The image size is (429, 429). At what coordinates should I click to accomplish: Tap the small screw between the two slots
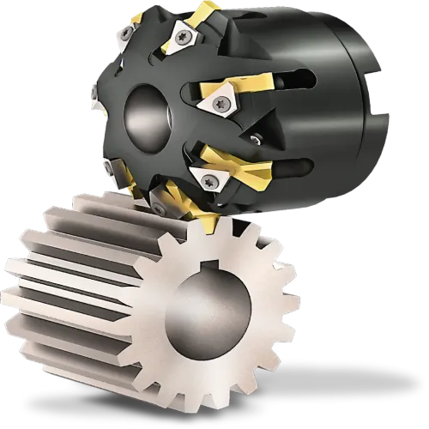[255, 137]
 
